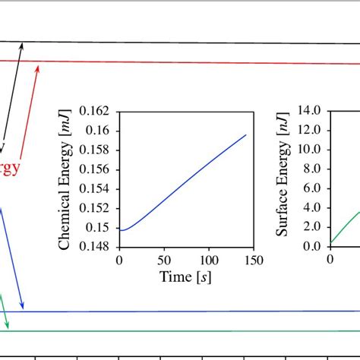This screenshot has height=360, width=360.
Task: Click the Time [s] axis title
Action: pyautogui.click(x=186, y=278)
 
